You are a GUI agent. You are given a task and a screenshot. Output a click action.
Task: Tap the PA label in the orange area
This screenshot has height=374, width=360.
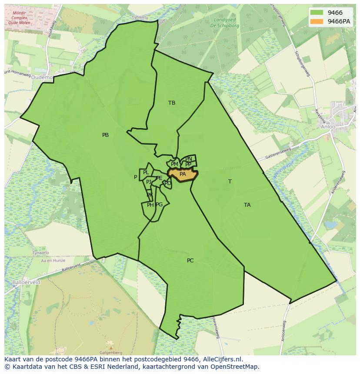[x=183, y=174]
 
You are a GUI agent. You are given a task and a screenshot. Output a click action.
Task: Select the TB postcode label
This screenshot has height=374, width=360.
[x=172, y=103]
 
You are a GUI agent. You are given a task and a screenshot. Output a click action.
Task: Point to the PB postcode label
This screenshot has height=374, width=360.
[x=105, y=135]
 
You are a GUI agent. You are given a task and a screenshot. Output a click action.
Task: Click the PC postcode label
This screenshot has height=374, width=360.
[x=190, y=261]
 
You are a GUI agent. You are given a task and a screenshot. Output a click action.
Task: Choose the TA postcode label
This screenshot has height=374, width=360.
[x=247, y=205]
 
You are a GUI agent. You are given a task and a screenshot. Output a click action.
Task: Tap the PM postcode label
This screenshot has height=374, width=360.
[x=174, y=164]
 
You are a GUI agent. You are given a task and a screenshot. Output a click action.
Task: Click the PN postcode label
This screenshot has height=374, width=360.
[x=189, y=159]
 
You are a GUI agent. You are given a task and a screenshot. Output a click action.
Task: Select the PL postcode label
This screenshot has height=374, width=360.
[x=146, y=173]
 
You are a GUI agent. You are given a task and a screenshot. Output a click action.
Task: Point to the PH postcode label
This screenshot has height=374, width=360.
[x=150, y=205]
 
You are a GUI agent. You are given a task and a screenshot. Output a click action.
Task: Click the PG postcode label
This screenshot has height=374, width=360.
[x=159, y=205]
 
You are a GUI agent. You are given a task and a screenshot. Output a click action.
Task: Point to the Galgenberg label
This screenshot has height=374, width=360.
[x=110, y=353]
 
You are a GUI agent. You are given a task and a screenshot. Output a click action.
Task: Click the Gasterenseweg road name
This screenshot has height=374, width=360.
[x=277, y=153]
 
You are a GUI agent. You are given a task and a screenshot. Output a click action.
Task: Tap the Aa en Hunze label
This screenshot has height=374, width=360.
[x=53, y=260]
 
